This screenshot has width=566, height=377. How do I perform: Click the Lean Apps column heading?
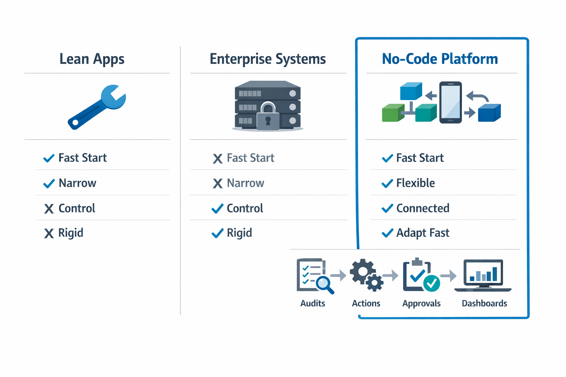[92, 59]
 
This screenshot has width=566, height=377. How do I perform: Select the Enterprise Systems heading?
[268, 59]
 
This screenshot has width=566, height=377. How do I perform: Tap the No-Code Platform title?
[440, 59]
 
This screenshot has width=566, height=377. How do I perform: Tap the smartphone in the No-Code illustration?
[450, 102]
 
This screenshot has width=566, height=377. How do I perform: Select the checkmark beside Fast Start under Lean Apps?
[49, 158]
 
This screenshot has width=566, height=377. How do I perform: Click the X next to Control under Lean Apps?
[49, 209]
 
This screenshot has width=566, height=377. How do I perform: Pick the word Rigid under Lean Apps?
[71, 233]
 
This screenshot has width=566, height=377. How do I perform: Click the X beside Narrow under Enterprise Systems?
[217, 183]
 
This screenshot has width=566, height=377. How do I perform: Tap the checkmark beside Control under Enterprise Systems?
[217, 208]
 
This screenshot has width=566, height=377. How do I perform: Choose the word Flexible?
[415, 183]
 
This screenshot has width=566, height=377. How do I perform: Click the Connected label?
[423, 208]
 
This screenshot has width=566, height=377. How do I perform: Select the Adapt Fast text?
[423, 233]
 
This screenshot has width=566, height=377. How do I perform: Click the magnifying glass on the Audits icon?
[324, 284]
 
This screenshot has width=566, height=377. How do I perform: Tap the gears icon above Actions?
[366, 275]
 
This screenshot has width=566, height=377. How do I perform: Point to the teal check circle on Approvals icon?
[431, 283]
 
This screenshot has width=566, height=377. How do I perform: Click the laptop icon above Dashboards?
[483, 275]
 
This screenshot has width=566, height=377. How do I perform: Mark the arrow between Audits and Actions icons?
[338, 275]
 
